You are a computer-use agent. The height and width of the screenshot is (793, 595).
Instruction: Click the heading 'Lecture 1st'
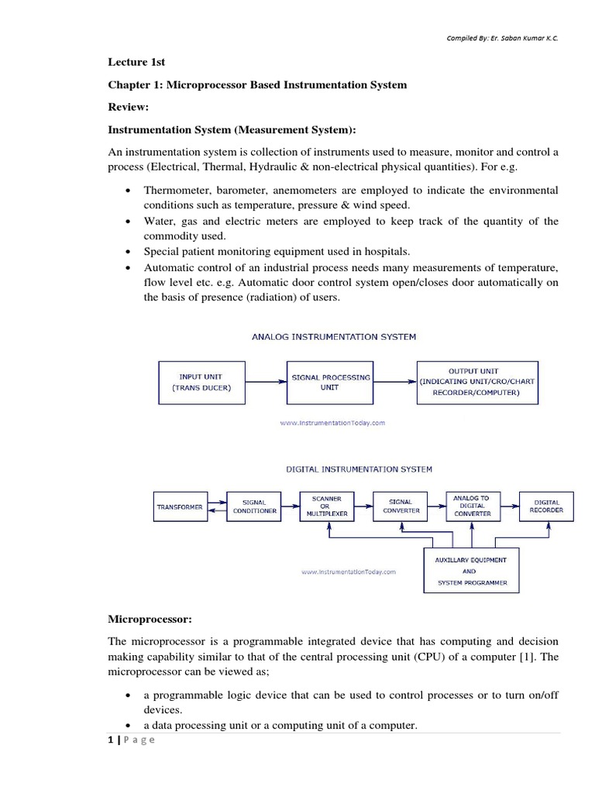pyautogui.click(x=136, y=62)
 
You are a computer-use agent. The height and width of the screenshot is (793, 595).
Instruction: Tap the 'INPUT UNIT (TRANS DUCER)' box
pyautogui.click(x=201, y=383)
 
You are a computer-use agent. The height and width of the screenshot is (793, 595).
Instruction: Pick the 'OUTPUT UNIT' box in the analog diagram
pyautogui.click(x=477, y=383)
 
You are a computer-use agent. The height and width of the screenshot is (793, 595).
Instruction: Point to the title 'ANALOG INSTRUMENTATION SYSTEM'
pyautogui.click(x=334, y=337)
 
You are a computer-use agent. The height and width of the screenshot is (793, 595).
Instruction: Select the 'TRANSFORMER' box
pyautogui.click(x=179, y=507)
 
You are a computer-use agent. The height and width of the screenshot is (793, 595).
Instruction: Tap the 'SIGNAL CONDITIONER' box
pyautogui.click(x=254, y=506)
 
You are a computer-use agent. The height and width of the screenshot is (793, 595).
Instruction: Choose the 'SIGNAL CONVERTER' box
pyautogui.click(x=401, y=506)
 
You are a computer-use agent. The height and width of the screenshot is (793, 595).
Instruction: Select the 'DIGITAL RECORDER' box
pyautogui.click(x=545, y=506)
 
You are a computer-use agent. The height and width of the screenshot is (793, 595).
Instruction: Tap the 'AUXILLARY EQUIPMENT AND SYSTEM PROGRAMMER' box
pyautogui.click(x=472, y=571)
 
